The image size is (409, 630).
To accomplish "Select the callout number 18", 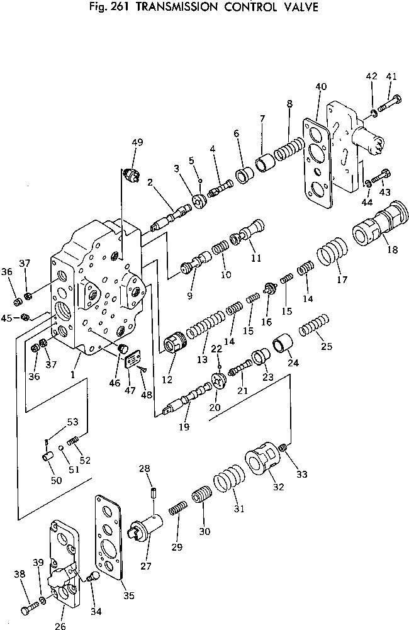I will [393, 250].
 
